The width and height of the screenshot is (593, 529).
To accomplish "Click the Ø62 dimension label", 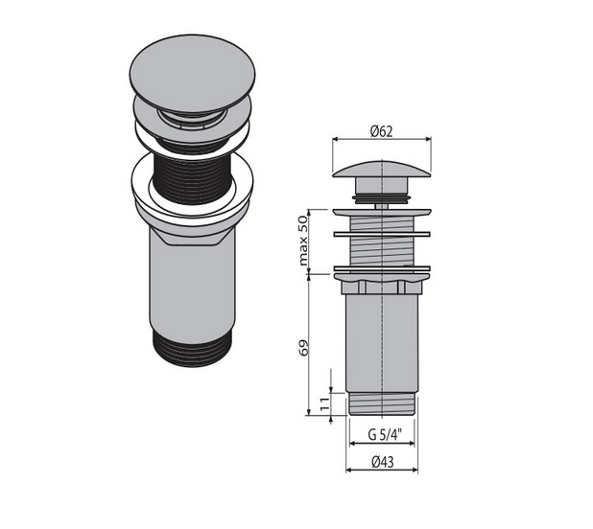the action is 382,131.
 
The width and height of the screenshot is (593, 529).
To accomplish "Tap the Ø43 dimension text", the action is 382,462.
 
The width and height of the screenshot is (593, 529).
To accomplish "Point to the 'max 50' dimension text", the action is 303,241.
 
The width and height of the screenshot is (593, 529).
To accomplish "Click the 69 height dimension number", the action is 304,347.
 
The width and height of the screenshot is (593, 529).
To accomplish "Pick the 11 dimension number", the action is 324,404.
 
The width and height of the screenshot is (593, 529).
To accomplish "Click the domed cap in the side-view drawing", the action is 382,169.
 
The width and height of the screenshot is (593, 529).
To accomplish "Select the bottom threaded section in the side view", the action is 382,404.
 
